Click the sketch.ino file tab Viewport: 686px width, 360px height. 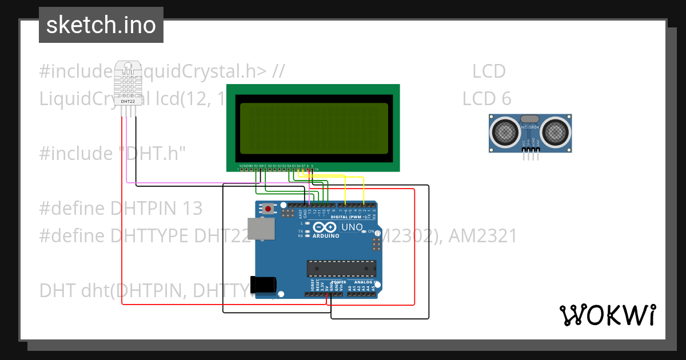(101, 25)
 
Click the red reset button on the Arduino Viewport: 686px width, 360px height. (268, 209)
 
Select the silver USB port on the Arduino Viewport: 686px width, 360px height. (261, 229)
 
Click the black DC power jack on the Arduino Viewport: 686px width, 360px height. (264, 285)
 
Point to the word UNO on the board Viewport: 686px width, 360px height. (352, 227)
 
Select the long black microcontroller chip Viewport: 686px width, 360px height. (341, 269)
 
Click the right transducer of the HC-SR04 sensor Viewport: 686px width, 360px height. (555, 132)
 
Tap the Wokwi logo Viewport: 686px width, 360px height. (607, 315)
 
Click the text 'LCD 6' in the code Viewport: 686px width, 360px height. (486, 98)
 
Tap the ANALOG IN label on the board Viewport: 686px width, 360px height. (364, 282)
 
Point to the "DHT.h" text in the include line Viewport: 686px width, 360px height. (151, 153)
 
